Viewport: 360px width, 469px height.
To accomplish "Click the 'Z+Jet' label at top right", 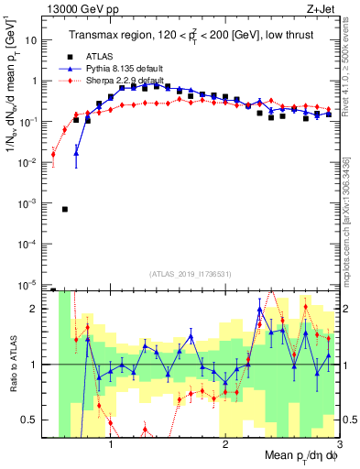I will point(321,10).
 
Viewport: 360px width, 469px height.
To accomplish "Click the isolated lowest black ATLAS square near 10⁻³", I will point(65,209).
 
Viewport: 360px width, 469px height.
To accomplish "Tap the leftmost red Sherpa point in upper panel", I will point(53,154).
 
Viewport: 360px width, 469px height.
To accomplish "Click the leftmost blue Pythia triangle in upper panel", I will point(76,152).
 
